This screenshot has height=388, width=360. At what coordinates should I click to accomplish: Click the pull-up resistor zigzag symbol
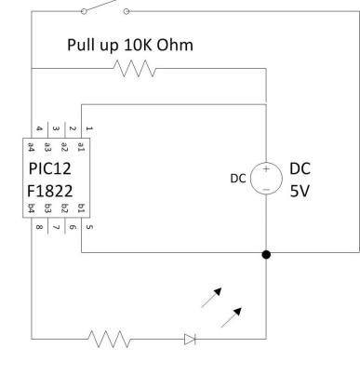coord(133,68)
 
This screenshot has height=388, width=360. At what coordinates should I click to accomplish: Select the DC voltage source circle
coord(266,177)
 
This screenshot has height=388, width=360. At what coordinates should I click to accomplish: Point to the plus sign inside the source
coord(266,168)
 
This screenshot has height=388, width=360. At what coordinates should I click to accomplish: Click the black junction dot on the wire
coord(267,253)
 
